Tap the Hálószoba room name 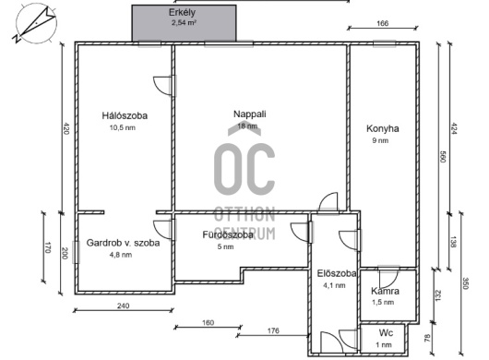point(125,115)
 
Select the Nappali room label point(249,114)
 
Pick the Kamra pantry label point(386,291)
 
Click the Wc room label point(385,333)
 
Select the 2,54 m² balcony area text point(184,25)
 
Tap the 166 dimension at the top point(383,24)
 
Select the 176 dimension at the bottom point(273,330)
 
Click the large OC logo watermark point(244,167)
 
